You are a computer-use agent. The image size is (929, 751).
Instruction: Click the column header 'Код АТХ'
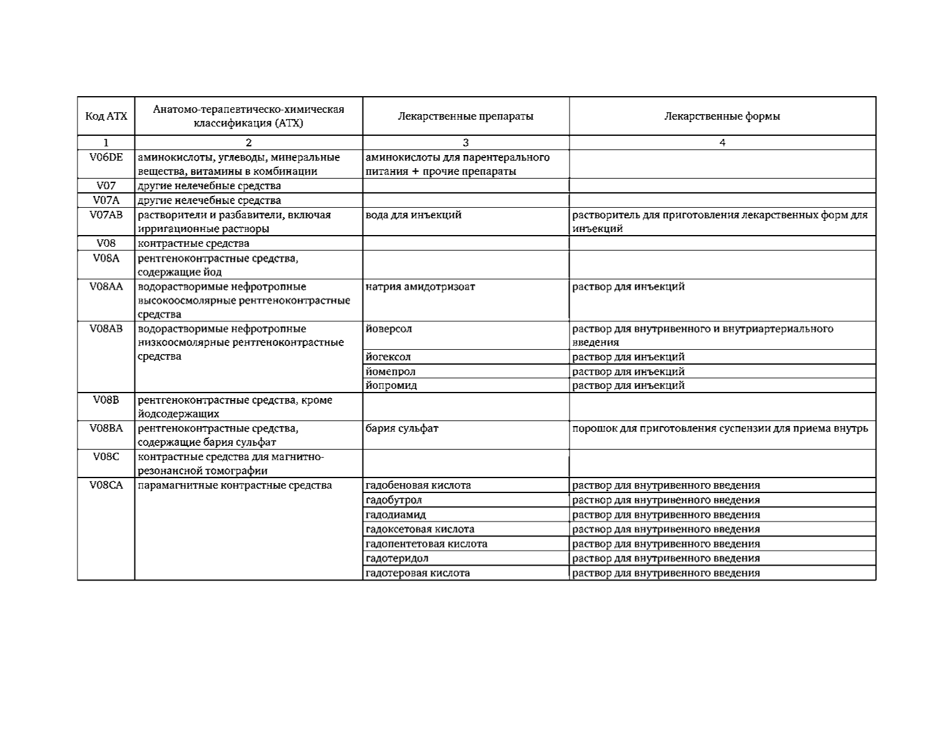pos(106,116)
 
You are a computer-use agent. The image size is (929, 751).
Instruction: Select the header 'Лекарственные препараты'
pos(465,116)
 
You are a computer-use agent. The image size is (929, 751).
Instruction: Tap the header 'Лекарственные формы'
pos(722,116)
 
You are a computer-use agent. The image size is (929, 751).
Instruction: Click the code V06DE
pos(106,158)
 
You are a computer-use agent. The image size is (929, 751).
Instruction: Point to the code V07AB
pos(106,215)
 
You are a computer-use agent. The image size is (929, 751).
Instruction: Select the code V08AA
pos(106,287)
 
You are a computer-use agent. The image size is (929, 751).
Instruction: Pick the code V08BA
pos(106,429)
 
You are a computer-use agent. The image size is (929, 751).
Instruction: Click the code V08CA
pos(106,486)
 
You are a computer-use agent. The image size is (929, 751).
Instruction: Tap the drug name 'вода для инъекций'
pos(413,215)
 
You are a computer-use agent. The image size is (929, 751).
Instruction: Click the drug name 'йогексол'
pos(388,357)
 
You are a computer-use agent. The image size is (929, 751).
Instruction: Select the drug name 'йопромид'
pos(391,386)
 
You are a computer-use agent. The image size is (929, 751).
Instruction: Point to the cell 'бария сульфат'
pos(402,429)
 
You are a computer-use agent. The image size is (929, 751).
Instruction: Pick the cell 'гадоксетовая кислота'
pos(420,530)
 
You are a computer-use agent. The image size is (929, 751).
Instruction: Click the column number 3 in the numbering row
pos(465,143)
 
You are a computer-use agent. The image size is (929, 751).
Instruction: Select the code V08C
pos(106,457)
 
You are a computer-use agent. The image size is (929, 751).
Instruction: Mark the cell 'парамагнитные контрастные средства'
pos(234,486)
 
